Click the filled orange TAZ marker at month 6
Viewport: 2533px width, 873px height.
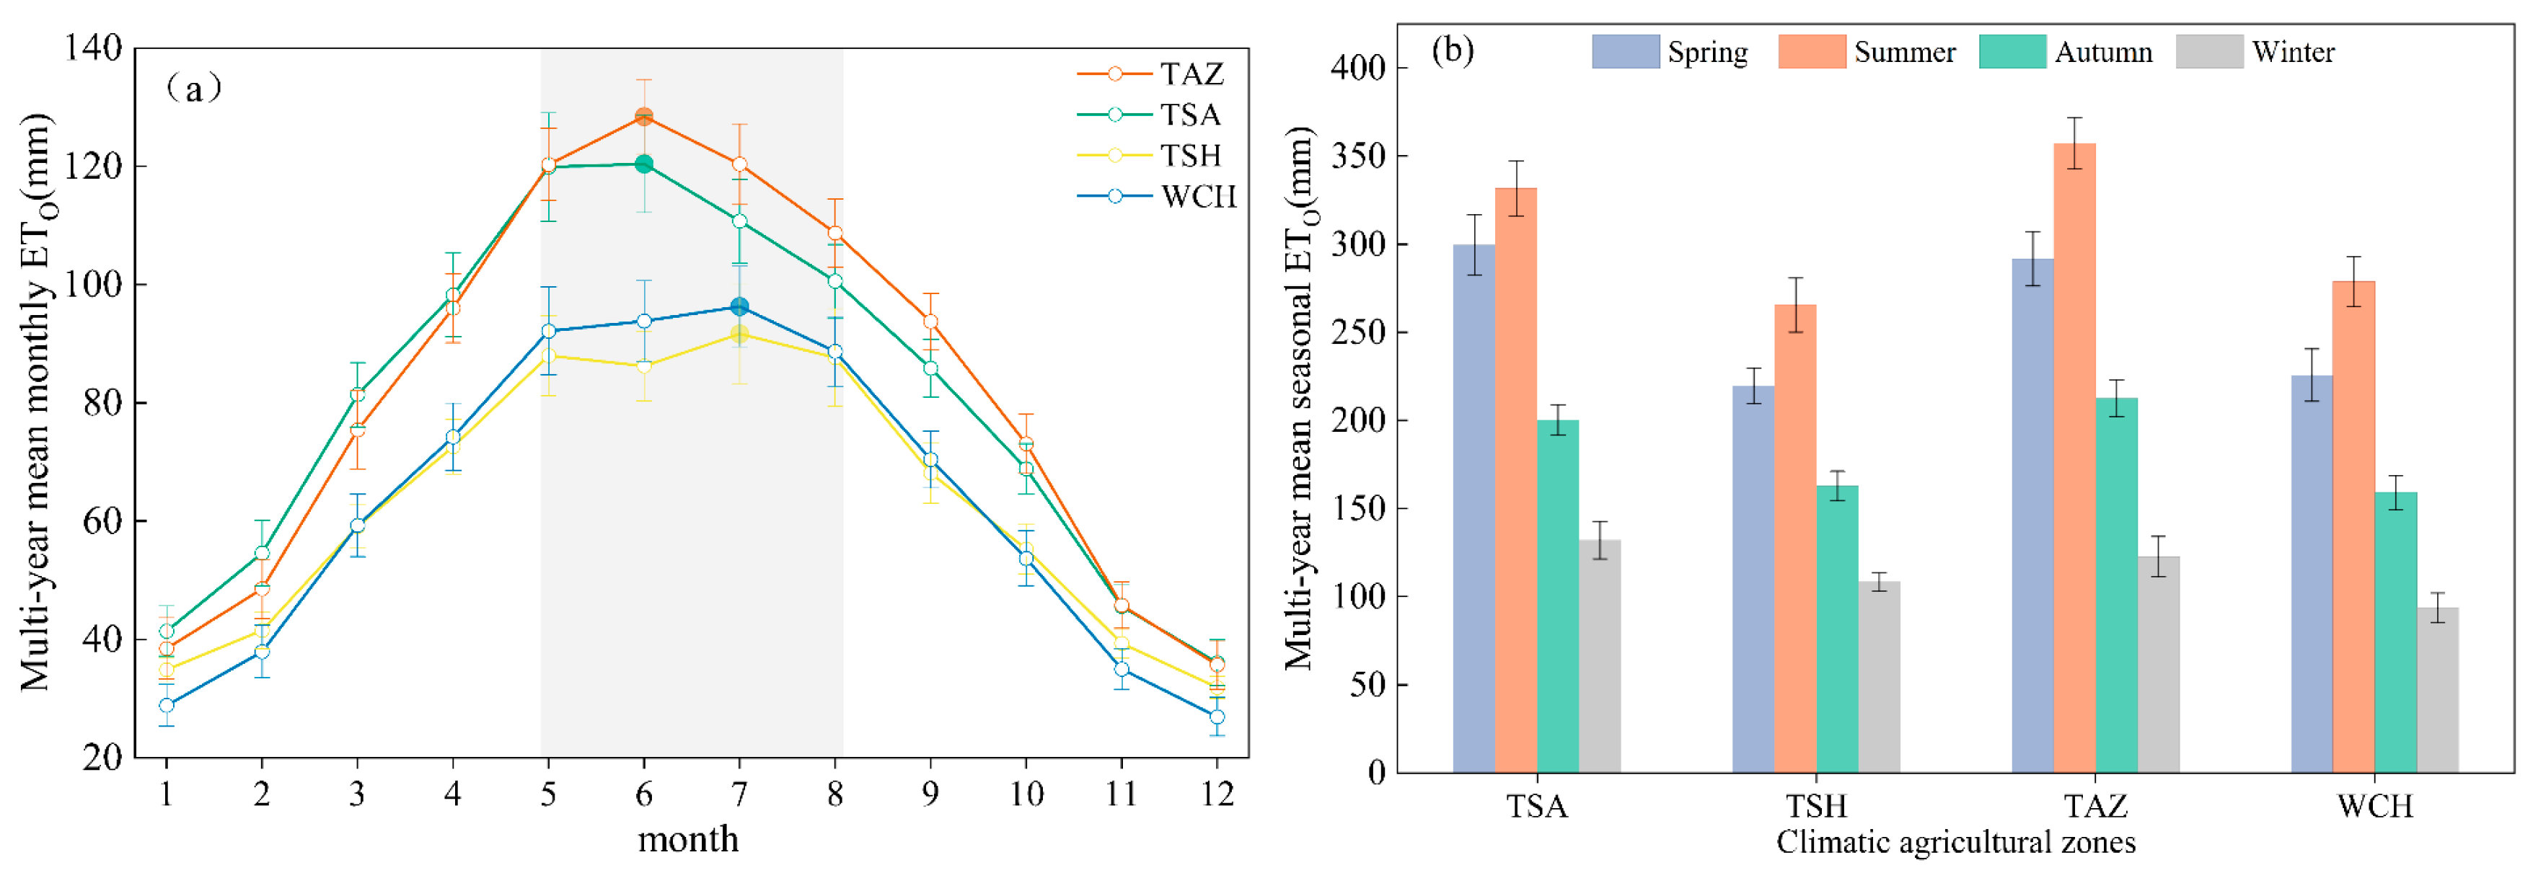644,117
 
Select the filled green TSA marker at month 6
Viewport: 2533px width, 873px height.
644,164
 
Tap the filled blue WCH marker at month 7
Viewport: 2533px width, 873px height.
739,306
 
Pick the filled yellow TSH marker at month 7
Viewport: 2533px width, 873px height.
739,334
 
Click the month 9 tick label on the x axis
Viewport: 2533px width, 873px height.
930,794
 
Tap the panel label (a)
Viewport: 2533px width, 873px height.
195,89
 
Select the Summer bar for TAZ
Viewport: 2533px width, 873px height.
2075,458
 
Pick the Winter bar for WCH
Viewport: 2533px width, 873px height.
2438,690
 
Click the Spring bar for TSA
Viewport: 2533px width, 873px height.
1474,508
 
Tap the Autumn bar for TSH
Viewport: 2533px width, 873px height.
1837,629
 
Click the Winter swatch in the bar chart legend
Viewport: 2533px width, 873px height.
2209,51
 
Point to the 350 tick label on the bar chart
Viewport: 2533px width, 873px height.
1358,156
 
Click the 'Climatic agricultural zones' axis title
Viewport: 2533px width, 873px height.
1956,843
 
